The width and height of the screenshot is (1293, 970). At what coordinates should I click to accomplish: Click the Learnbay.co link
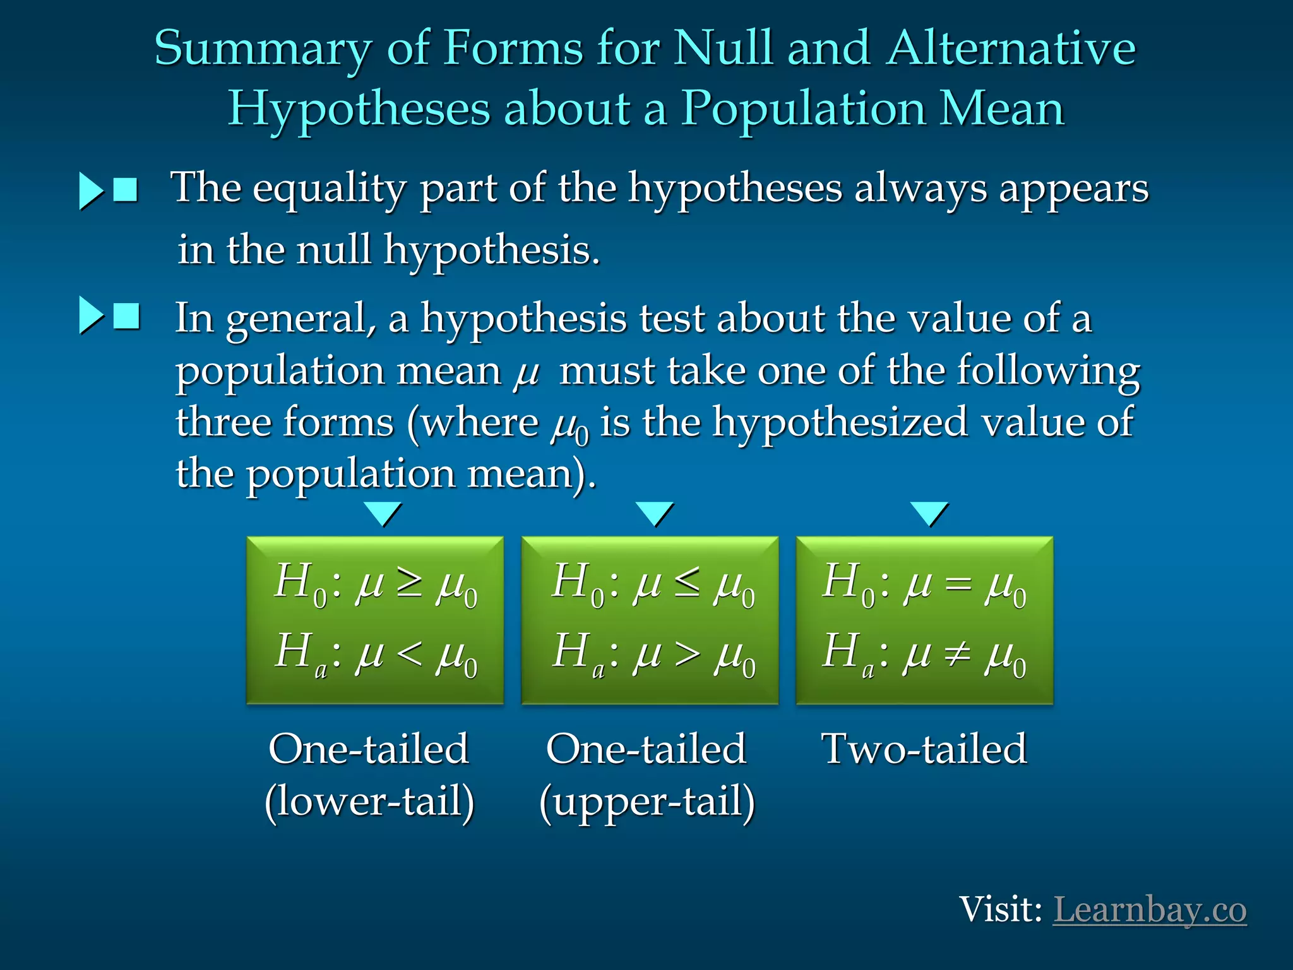point(1149,910)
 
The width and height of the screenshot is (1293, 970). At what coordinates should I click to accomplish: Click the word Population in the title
point(802,109)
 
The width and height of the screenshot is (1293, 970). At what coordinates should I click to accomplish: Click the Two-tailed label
point(924,749)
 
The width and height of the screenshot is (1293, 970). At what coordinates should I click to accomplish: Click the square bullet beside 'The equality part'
point(126,189)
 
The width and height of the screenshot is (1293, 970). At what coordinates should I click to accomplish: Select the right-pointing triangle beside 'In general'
point(90,315)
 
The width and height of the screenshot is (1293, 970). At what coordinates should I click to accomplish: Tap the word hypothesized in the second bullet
point(840,422)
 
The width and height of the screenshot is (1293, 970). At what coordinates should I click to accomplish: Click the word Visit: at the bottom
point(1000,910)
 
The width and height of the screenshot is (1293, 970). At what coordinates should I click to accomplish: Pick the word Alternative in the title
point(1010,49)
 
